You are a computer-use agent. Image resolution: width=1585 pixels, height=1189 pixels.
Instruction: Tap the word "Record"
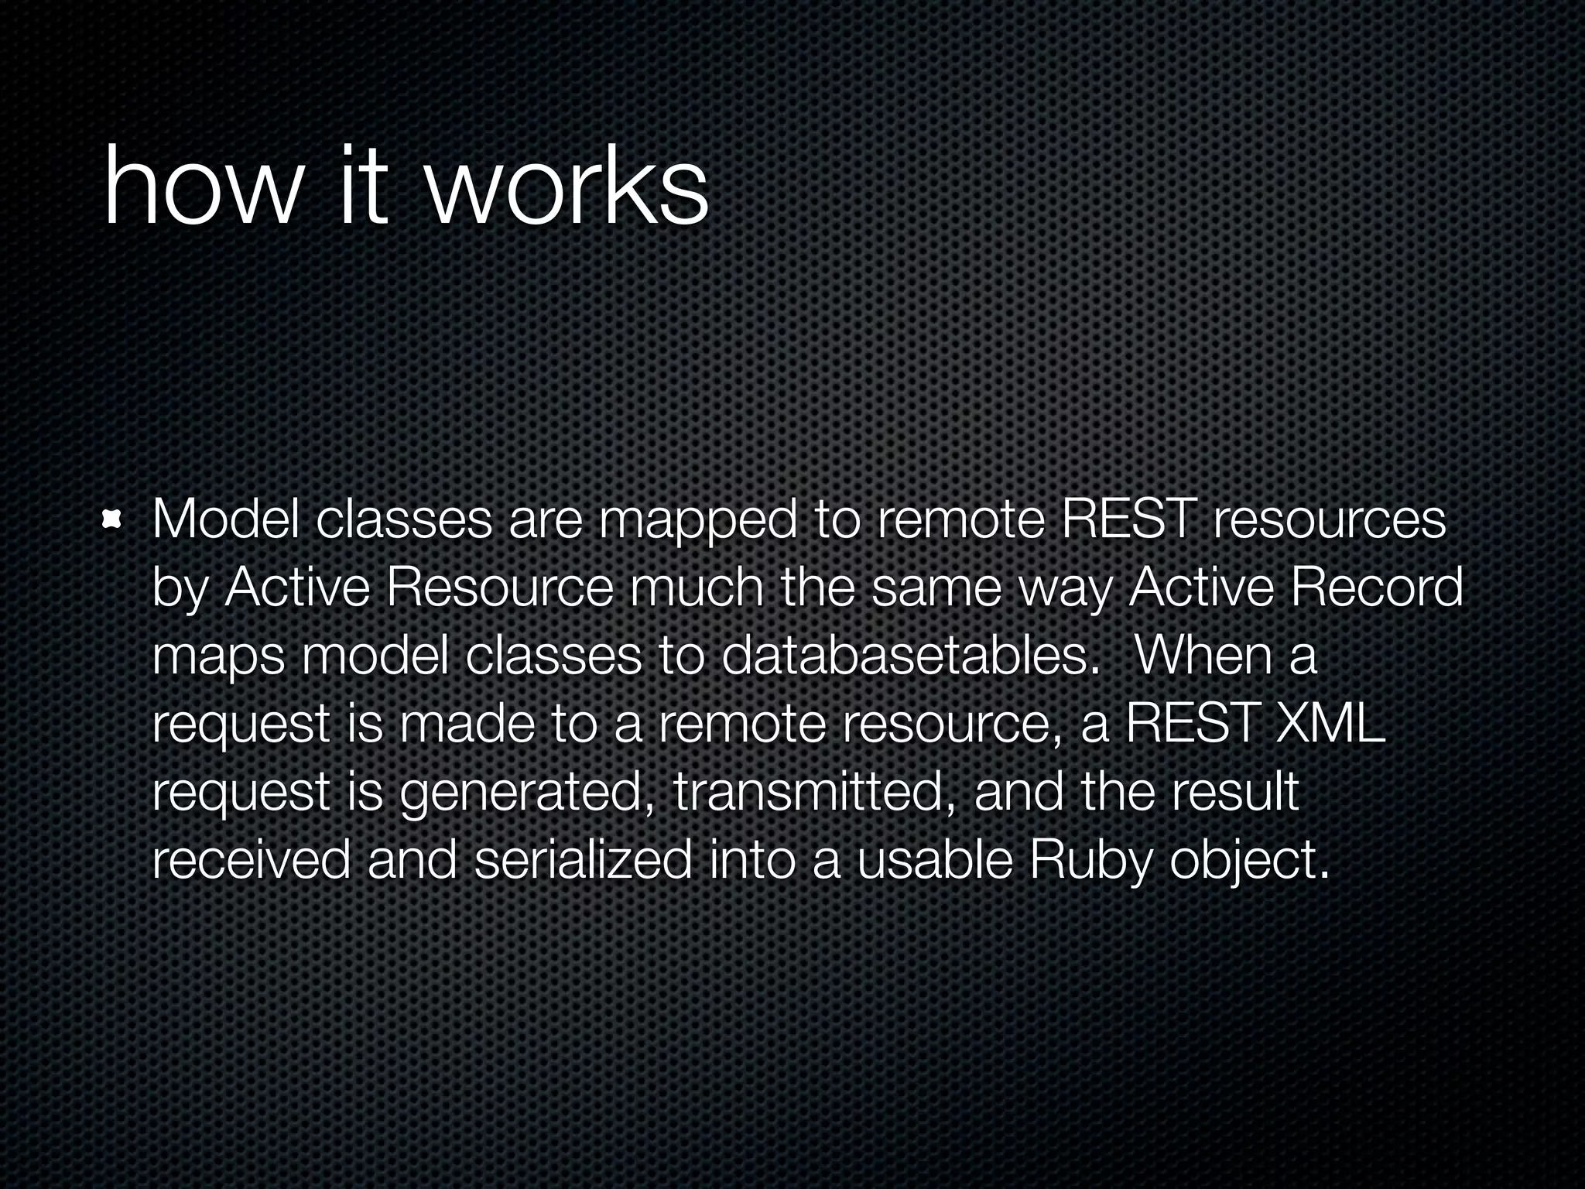tap(1375, 588)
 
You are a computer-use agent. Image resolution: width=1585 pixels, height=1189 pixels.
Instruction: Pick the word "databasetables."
tap(910, 656)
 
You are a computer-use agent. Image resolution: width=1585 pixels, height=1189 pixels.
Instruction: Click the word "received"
tap(251, 860)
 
